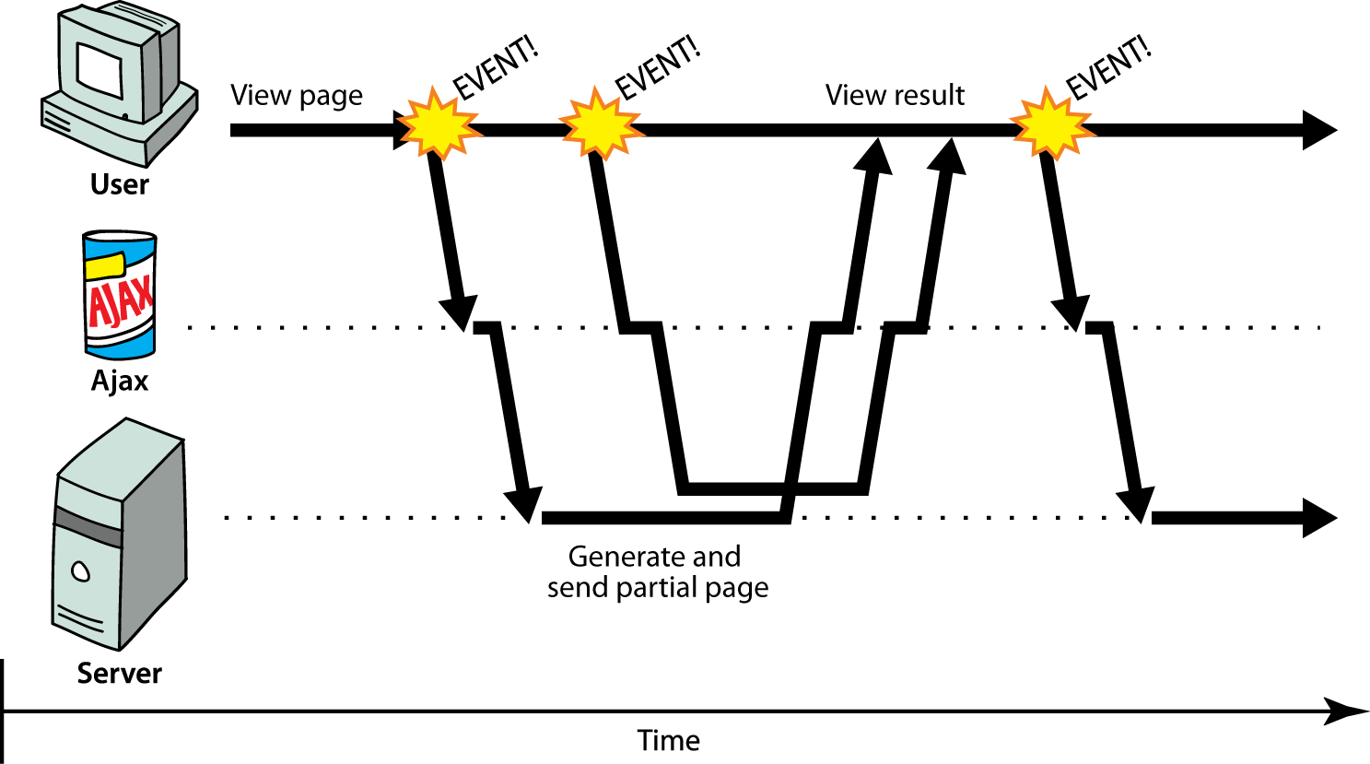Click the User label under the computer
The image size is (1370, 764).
point(119,184)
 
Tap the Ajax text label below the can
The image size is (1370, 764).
point(120,381)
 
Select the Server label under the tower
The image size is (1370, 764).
point(119,674)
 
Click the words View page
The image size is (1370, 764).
point(296,96)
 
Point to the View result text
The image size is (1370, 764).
point(895,95)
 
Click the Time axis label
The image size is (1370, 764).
point(669,741)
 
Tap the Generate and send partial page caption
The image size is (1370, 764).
point(657,572)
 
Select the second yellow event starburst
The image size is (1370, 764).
point(600,123)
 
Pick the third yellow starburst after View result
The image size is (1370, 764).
point(1050,123)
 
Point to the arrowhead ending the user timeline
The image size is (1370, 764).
point(1319,130)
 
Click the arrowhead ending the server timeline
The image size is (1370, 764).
point(1319,518)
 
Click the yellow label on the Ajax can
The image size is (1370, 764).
point(104,267)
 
